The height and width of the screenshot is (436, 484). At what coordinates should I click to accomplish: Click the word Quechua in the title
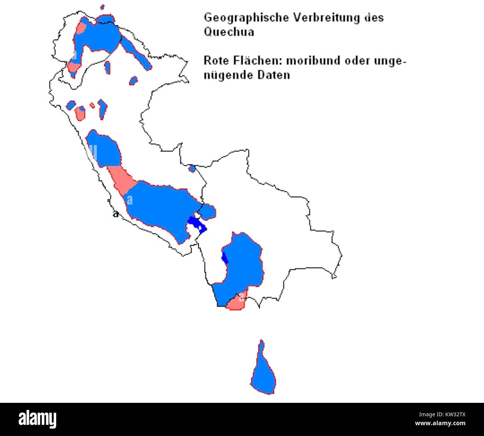(229, 32)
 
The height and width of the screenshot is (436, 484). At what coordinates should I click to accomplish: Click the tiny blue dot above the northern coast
(102, 7)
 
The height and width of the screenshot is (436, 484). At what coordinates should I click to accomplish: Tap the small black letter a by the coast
(116, 214)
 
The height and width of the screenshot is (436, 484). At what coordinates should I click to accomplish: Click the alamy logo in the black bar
(38, 419)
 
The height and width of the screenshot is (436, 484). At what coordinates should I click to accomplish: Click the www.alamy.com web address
(440, 424)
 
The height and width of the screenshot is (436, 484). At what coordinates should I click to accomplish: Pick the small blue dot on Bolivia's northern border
(192, 169)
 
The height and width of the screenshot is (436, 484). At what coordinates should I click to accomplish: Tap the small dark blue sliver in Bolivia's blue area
(225, 257)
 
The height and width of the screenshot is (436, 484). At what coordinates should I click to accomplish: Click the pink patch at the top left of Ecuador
(81, 28)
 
